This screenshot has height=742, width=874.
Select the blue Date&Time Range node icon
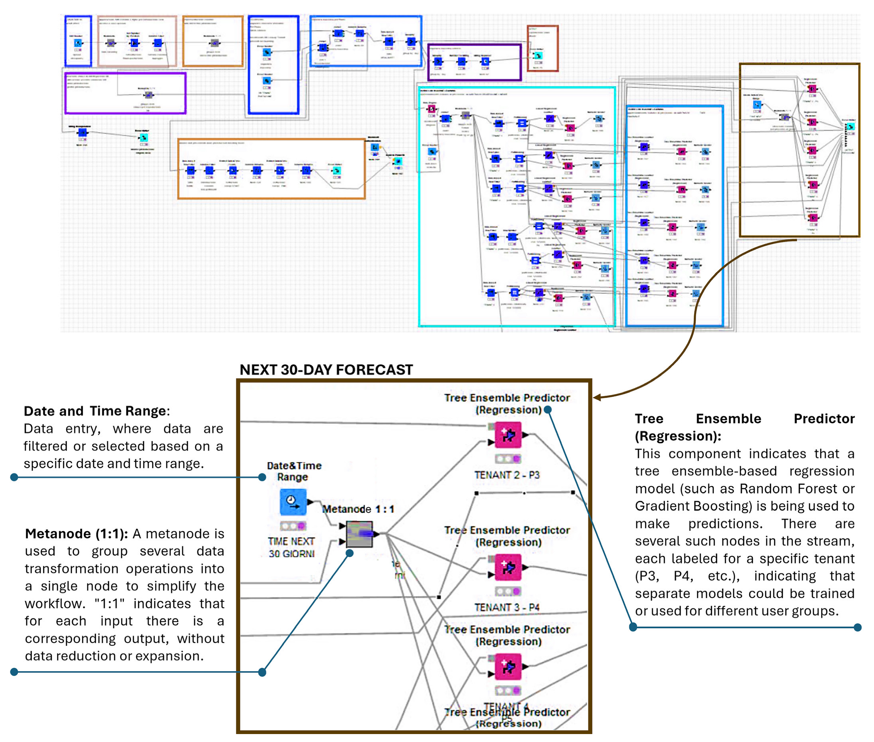tap(293, 502)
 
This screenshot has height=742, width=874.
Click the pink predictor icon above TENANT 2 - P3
tap(507, 435)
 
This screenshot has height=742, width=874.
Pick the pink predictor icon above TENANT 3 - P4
tap(507, 567)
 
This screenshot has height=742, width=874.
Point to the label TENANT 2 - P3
tap(507, 475)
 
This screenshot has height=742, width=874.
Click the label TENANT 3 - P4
tap(507, 607)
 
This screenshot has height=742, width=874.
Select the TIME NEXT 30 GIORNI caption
tap(291, 547)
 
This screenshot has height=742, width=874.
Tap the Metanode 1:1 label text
tap(358, 509)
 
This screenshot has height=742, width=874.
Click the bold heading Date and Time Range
tap(95, 411)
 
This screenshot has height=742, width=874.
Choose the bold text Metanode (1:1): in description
tap(76, 534)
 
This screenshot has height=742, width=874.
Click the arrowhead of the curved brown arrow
tap(597, 397)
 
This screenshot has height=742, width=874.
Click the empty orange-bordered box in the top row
tap(213, 41)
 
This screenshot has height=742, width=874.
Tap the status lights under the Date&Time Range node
tap(293, 526)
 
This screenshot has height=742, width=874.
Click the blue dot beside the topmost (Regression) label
tap(547, 410)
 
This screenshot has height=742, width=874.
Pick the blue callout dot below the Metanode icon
tap(349, 554)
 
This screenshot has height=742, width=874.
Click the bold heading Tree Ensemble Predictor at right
tap(744, 419)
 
